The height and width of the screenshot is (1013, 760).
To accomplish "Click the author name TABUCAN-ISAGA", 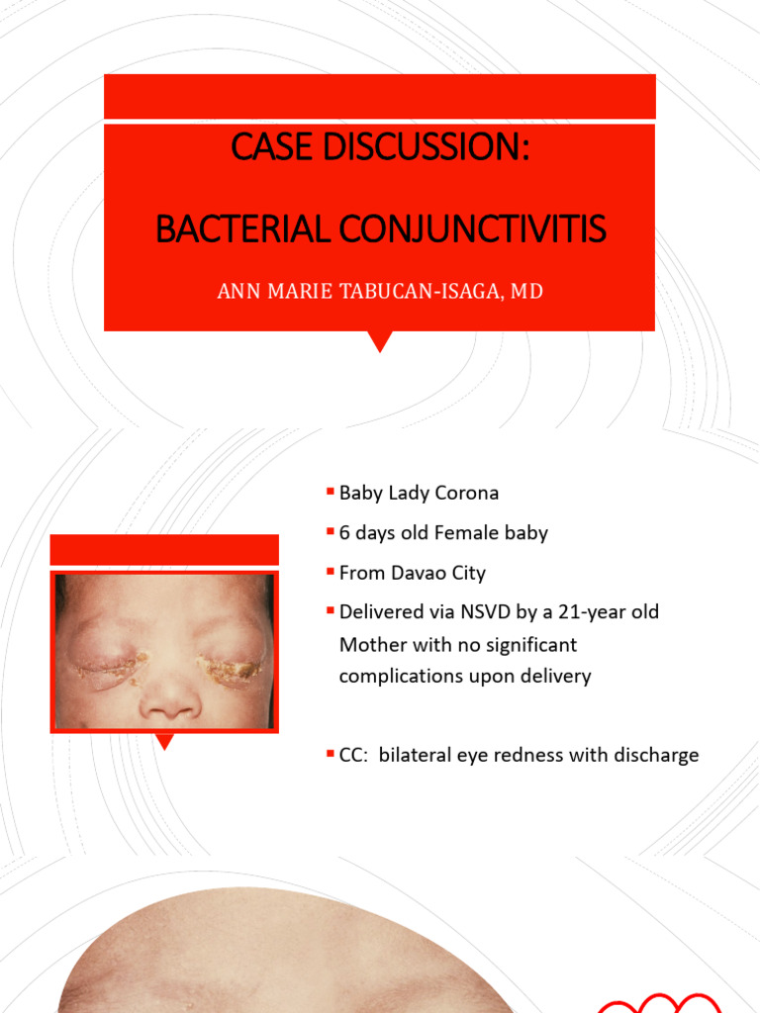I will pos(422,292).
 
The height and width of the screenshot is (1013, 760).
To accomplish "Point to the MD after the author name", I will pos(527,292).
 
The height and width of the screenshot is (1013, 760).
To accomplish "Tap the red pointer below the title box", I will pos(379,341).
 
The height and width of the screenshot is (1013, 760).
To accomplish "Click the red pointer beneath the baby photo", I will pos(166,740).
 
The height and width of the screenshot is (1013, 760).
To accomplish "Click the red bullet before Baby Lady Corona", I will pos(330,492).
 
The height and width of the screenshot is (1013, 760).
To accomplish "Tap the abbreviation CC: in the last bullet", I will pos(354,755).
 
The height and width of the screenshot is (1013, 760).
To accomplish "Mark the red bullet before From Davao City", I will pos(330,572).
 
